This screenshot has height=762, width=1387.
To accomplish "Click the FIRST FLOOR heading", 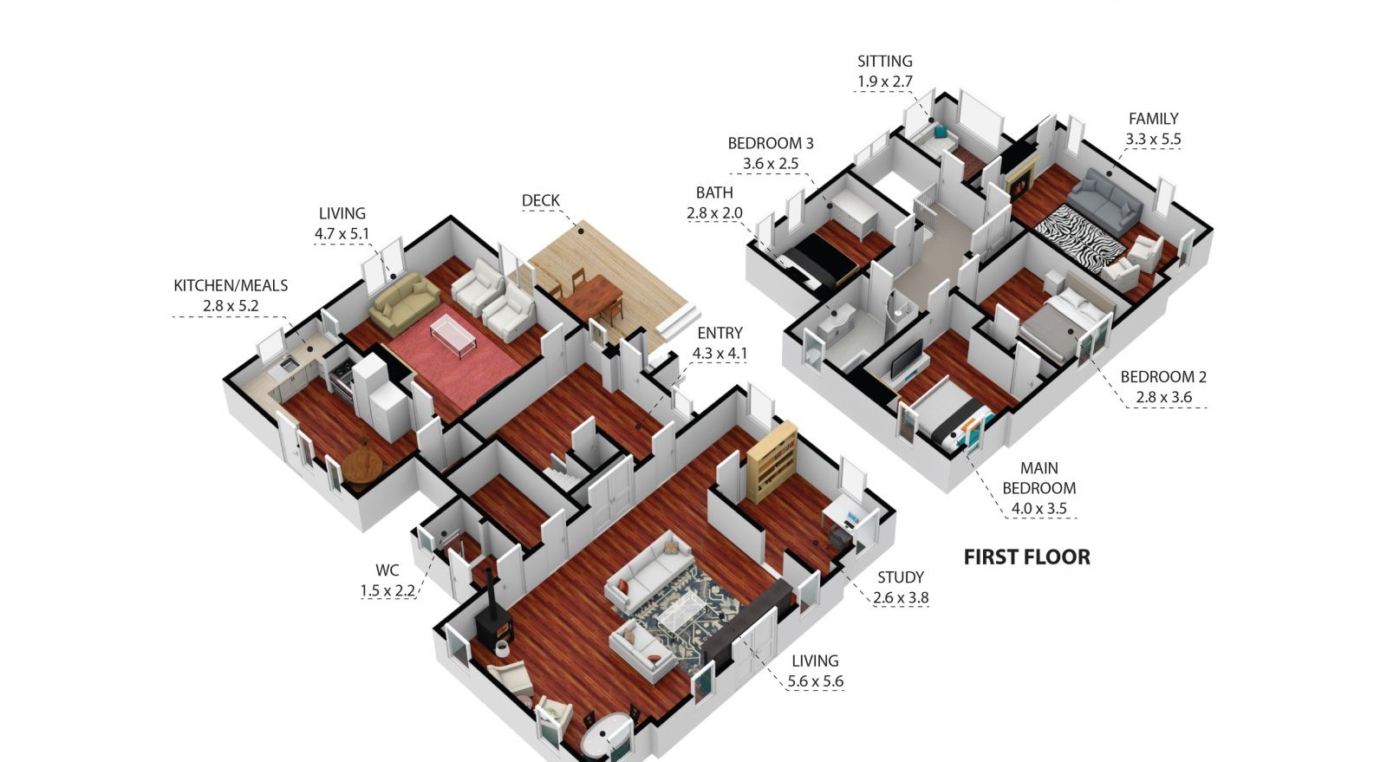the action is pos(1026,557).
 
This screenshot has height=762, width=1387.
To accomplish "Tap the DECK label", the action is pos(541,200).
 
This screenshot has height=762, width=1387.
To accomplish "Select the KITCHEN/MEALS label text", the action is pos(231,285).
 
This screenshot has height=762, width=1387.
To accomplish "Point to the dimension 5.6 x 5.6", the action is pos(816,681).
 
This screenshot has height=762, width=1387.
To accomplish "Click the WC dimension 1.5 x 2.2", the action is pos(387,590).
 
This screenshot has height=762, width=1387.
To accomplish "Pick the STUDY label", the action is pos(901,577).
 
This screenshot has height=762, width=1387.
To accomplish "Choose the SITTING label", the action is pos(885,62).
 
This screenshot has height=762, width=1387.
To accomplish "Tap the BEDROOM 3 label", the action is pos(771,144).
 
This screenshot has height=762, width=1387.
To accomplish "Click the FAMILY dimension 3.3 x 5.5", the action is pos(1153,139).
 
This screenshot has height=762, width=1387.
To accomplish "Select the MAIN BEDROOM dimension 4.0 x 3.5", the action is pos(1039,508).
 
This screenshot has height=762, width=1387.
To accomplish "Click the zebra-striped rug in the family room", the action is pos(1080,238).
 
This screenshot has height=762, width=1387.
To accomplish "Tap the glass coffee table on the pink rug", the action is pos(453,335).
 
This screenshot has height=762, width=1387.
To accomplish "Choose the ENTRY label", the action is pos(720,333).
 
